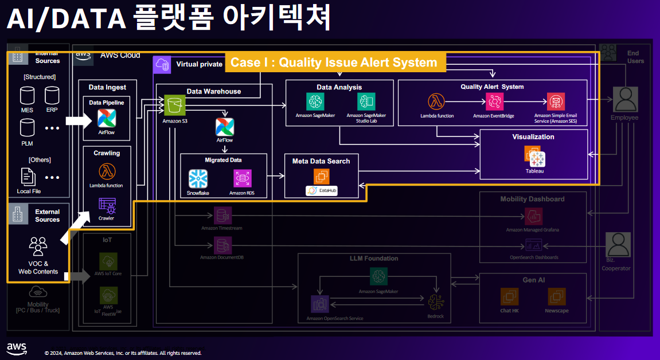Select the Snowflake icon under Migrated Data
198,179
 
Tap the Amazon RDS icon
242,179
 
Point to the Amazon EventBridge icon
494,101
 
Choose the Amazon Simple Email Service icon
555,101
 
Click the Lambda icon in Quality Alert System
436,101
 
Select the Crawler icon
107,205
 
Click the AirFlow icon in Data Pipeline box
107,118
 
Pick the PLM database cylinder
27,127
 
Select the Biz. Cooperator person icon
618,245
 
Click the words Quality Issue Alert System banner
334,62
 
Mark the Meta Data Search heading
321,161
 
